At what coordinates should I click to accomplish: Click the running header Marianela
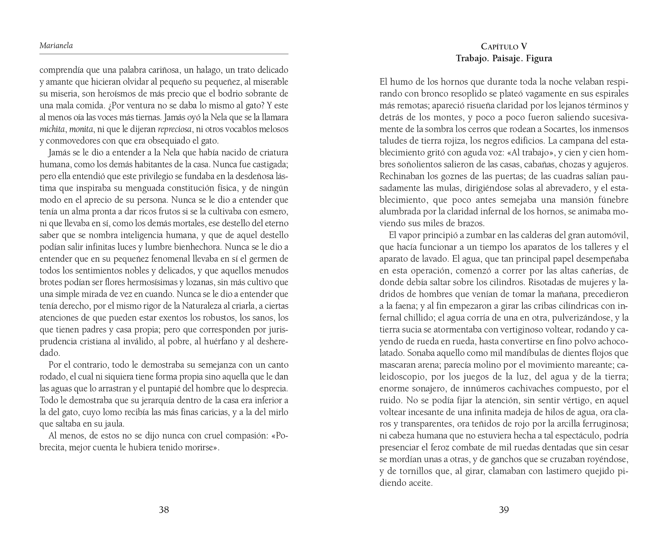[56, 46]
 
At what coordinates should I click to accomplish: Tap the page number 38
[164, 510]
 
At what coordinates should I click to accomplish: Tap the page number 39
[504, 510]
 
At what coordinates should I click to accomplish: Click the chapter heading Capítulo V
[504, 47]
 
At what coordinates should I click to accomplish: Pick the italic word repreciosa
[175, 129]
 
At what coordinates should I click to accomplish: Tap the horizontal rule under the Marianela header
[164, 54]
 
